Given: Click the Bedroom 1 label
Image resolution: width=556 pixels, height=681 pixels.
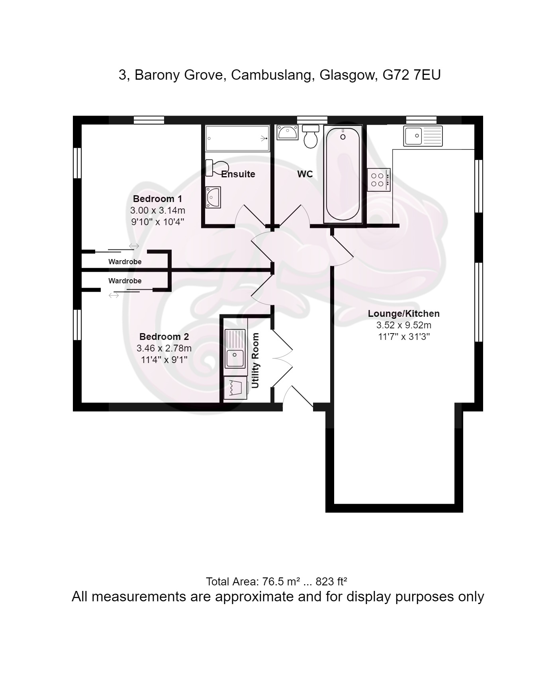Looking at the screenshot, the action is pyautogui.click(x=157, y=199).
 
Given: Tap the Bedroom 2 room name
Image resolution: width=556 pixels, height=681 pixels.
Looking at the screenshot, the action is pyautogui.click(x=164, y=337).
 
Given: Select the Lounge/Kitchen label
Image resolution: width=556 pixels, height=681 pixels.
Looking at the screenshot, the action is pyautogui.click(x=403, y=314).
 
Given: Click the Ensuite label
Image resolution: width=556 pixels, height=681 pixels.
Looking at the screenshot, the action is pyautogui.click(x=238, y=174).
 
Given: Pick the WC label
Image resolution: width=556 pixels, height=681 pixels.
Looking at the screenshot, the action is pyautogui.click(x=305, y=174).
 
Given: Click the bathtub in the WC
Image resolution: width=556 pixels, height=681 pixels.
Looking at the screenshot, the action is pyautogui.click(x=343, y=174).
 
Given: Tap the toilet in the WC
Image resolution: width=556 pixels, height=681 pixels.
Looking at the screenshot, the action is pyautogui.click(x=310, y=136).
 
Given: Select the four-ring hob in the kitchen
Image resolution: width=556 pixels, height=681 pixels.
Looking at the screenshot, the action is pyautogui.click(x=378, y=180).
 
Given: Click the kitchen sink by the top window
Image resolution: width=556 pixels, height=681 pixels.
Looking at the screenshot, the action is pyautogui.click(x=423, y=136).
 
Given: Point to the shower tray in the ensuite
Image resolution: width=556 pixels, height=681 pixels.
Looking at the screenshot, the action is pyautogui.click(x=238, y=138).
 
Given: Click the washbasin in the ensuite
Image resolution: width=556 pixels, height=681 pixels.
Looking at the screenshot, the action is pyautogui.click(x=213, y=198).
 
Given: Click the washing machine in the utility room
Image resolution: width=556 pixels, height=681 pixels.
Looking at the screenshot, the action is pyautogui.click(x=235, y=388).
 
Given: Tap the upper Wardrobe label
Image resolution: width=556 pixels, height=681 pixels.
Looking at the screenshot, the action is pyautogui.click(x=125, y=262).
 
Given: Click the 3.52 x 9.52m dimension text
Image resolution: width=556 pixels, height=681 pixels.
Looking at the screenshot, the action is pyautogui.click(x=404, y=325).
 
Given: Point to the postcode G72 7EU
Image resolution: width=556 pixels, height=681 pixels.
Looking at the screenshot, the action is pyautogui.click(x=411, y=75).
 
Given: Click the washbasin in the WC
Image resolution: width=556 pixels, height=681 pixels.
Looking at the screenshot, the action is pyautogui.click(x=287, y=132).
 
